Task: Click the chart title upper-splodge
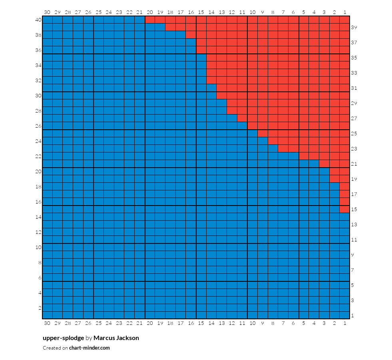coord(63,338)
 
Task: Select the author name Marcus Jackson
coord(116,338)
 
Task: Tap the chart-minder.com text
coord(90,348)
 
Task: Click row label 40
coord(38,20)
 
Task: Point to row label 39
coord(354,28)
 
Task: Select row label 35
coord(354,57)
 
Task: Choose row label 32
coord(38,80)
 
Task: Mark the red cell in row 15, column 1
coord(344,209)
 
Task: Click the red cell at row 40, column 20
coord(150,20)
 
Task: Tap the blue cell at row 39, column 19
coord(160,27)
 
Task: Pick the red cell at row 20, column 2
coord(334,171)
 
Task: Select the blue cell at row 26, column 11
coord(242,126)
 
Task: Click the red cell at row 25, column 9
coord(263,134)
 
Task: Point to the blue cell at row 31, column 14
coord(211,88)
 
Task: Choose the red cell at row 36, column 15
coord(201,50)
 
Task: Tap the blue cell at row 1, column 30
coord(47,315)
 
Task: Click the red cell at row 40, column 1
coord(344,20)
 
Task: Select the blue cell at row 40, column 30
coord(47,20)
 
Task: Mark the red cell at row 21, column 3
coord(324,164)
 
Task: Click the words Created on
coord(55,348)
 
